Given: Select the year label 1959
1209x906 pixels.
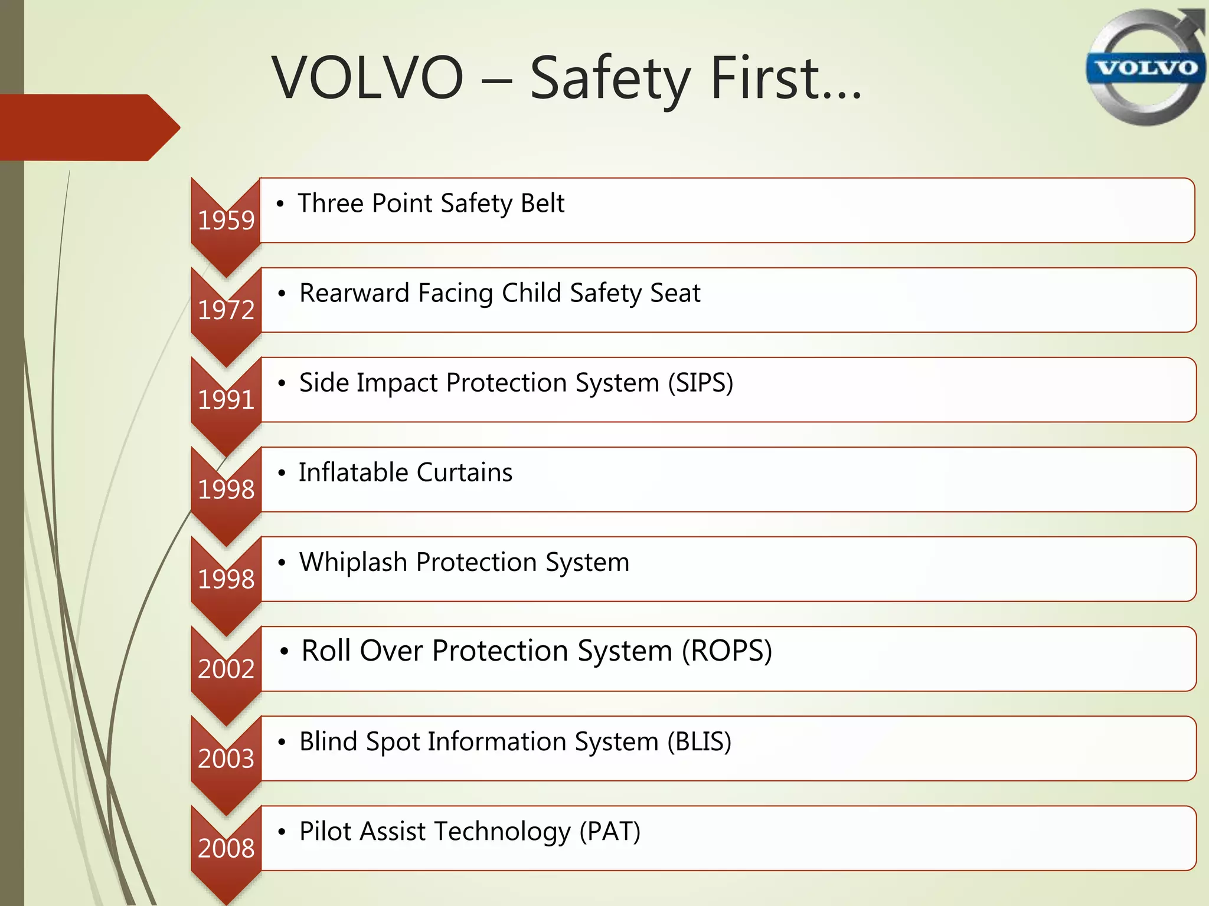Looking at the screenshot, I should (226, 221).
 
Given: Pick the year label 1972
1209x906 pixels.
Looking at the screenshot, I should (226, 310).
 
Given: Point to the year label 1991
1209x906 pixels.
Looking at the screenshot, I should (226, 400).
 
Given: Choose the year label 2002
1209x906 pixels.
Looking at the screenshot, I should (226, 669).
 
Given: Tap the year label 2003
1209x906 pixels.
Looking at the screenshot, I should (226, 759).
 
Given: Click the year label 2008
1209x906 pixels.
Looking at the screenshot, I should (226, 848).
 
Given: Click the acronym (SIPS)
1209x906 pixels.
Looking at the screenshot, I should (701, 383).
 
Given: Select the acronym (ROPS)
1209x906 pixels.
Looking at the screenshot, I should (727, 651).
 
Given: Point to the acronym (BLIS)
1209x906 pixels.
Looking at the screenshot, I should (700, 742).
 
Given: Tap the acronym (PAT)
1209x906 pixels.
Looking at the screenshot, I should (610, 832).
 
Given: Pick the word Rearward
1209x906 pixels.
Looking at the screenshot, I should (354, 293).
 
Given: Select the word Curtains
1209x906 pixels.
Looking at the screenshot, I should (464, 472).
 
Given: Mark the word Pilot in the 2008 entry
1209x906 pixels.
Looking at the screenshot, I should (325, 831).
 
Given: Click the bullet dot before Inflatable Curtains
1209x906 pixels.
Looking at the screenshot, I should (282, 473).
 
